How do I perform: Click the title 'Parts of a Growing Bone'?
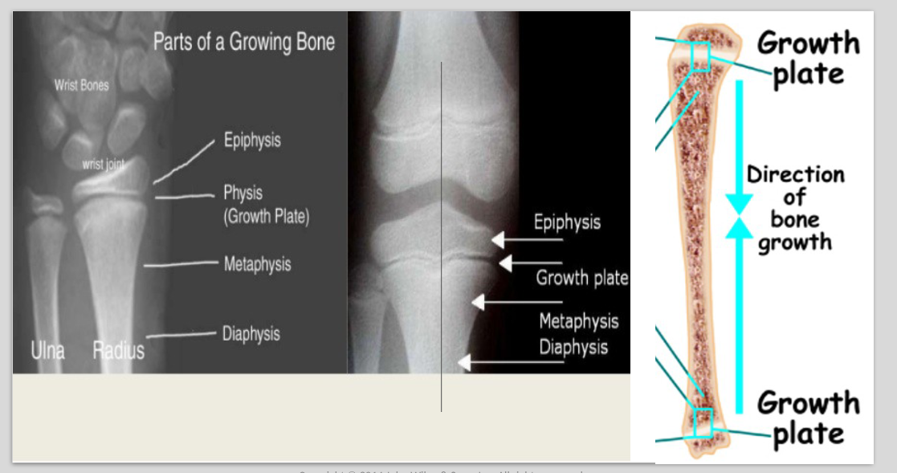tap(244, 42)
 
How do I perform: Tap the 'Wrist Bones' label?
tap(81, 85)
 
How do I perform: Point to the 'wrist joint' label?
tap(104, 164)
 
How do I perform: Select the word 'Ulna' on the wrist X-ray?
tap(47, 350)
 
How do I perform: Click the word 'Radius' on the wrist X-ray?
tap(118, 350)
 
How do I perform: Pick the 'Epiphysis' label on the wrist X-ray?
tap(252, 141)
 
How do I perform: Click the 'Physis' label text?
tap(243, 193)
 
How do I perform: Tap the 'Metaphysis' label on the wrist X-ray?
tap(257, 264)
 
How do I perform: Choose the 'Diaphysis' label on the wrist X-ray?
tap(251, 333)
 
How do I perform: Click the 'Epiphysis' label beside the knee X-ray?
tap(567, 222)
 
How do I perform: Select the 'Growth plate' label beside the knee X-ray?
tap(582, 279)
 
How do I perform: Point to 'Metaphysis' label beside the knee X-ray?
tap(578, 321)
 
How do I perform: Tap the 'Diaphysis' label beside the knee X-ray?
tap(573, 347)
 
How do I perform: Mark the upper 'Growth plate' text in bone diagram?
tap(808, 58)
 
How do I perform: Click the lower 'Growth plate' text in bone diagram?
tap(808, 418)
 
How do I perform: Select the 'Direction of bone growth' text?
tap(795, 208)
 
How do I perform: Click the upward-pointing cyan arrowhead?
tap(739, 228)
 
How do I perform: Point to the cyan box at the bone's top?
tap(701, 57)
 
